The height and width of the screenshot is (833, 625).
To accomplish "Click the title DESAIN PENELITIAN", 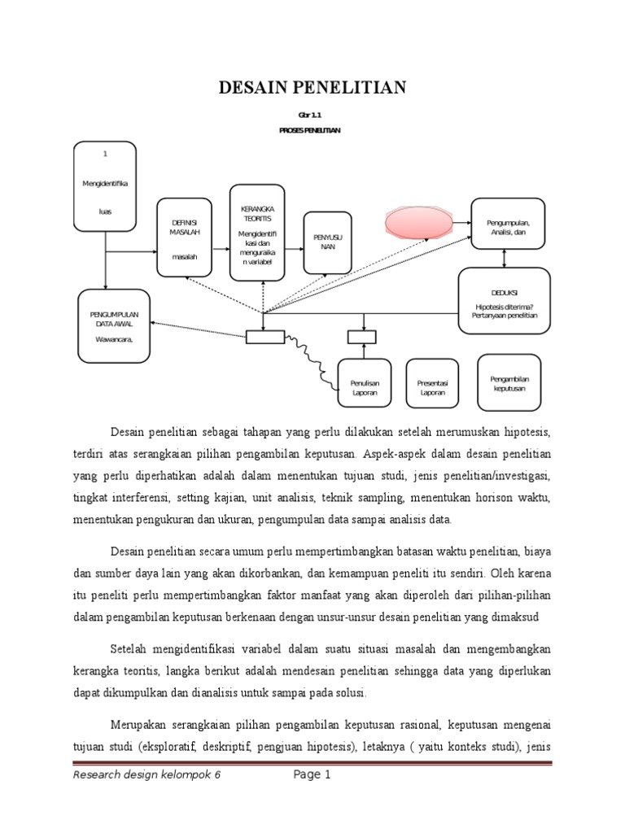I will point(312,88).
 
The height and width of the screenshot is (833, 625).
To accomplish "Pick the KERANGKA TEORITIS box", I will point(256,232).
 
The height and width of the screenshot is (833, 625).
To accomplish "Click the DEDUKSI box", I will point(505,300).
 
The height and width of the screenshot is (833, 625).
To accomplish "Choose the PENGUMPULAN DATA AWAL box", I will point(114,325).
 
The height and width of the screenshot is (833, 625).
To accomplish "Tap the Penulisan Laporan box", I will point(365,387).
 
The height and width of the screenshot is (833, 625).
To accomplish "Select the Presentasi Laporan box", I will point(433,387).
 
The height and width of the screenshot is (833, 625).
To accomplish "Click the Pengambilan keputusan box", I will point(509,382).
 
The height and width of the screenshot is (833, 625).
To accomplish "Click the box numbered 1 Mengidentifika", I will point(105,185).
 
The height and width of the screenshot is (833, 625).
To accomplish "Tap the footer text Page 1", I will point(312,775).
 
